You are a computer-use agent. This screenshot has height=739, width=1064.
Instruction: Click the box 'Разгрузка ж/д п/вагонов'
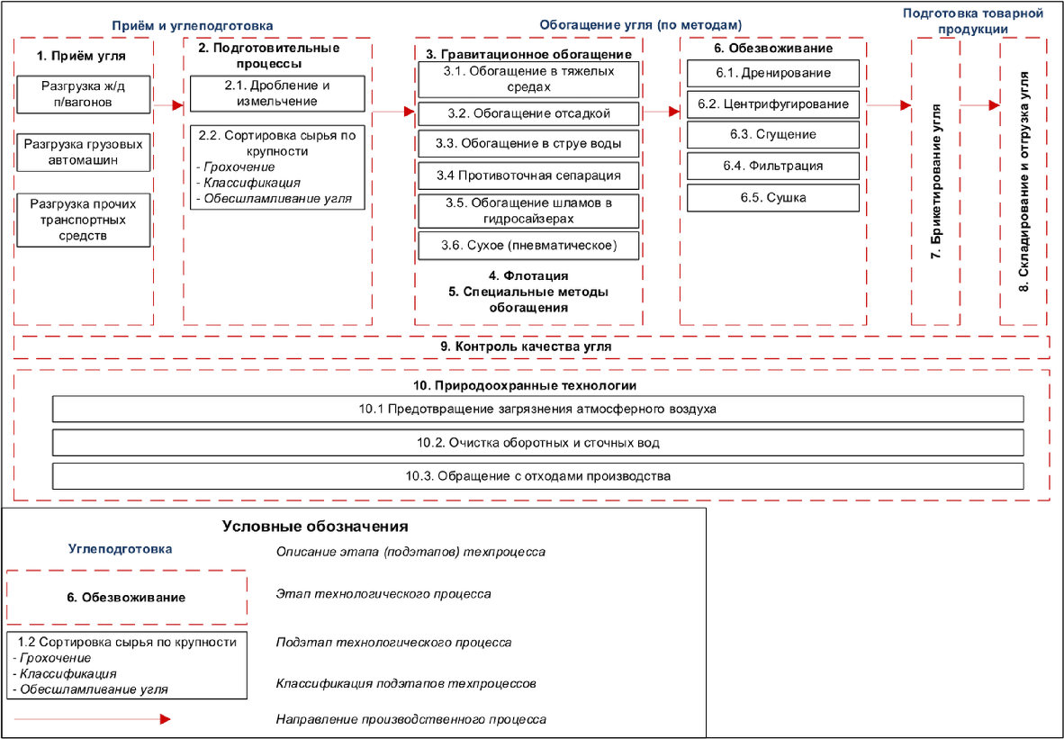coord(84,95)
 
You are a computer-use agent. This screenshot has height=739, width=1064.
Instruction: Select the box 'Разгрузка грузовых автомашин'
coord(84,152)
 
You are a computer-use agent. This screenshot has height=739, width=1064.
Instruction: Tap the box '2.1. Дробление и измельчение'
coord(277,94)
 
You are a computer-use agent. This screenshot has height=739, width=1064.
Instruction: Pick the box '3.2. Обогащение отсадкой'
coord(528,113)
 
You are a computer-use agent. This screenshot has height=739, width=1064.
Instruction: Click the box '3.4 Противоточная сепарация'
coord(528,176)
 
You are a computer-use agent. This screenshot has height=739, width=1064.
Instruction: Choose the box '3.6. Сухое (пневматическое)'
coord(528,246)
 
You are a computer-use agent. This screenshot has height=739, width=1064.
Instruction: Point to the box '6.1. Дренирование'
coord(773,73)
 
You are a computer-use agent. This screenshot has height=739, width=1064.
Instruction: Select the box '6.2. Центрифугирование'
coord(773,104)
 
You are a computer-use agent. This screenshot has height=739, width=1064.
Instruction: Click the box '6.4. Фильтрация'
coord(773,166)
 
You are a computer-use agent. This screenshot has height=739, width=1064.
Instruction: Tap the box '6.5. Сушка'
coord(773,197)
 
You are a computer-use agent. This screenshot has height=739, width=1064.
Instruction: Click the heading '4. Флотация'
coord(528,276)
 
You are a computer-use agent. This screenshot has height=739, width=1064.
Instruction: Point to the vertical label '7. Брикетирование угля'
coord(936,181)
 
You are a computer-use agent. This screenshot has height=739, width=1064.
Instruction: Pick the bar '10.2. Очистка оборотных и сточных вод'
coord(538,443)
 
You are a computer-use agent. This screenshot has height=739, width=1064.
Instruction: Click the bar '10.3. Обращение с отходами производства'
coord(538,475)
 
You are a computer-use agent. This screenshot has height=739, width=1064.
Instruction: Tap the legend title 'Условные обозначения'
coord(316,527)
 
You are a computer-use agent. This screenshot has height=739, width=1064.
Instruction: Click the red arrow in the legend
coord(93,719)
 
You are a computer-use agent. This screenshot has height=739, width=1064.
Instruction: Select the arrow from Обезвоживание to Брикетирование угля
coord(889,105)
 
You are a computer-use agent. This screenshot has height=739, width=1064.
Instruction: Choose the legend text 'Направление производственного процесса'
coord(411,719)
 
